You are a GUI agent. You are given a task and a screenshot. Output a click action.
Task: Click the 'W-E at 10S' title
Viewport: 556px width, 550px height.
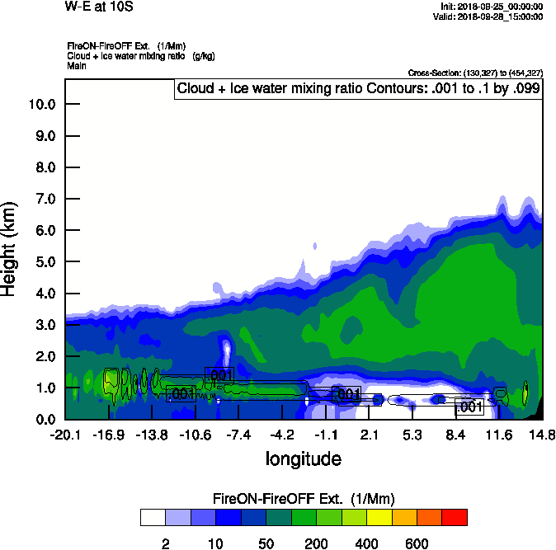(x=99, y=7)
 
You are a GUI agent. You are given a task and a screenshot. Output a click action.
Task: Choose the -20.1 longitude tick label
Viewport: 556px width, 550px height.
(x=64, y=435)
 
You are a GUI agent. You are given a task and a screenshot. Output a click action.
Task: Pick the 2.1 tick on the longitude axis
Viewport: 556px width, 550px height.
(x=370, y=435)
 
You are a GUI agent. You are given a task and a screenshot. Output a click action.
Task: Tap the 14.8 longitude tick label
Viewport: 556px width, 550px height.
(x=542, y=435)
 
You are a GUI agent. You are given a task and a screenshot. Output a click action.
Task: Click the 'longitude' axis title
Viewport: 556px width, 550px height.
(x=303, y=458)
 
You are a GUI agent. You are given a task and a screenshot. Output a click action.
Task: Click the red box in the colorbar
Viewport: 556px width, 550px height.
(x=455, y=517)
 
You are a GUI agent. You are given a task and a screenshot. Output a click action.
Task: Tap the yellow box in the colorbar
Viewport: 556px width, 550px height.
(x=379, y=517)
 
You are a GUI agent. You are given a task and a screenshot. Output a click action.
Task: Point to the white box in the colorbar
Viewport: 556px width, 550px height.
(x=153, y=517)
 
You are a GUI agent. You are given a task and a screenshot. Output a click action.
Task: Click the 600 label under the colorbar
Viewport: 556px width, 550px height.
(x=417, y=543)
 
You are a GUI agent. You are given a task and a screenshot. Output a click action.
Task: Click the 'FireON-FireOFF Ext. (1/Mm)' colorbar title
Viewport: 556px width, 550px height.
(x=304, y=499)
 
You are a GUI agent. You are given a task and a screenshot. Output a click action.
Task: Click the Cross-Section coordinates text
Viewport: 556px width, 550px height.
(x=475, y=73)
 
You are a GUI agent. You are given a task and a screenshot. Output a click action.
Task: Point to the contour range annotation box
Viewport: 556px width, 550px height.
(x=358, y=89)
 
